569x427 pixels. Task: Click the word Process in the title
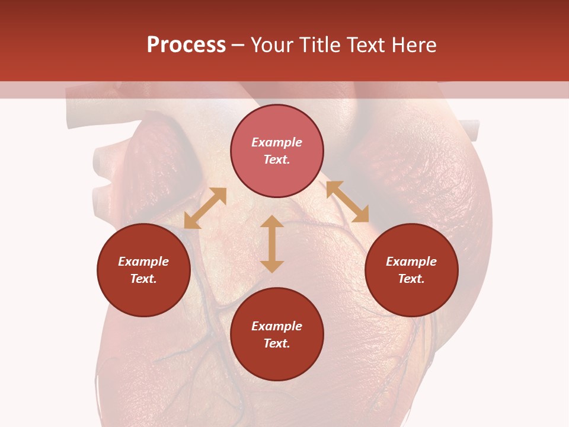click(186, 45)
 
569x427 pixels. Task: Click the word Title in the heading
click(321, 45)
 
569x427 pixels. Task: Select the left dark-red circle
click(143, 297)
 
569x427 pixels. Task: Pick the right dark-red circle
click(411, 297)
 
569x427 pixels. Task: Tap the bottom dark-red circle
click(277, 362)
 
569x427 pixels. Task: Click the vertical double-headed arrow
click(272, 244)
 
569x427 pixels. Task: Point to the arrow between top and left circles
click(205, 208)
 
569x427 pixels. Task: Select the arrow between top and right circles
click(347, 202)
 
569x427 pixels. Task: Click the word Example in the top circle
click(277, 142)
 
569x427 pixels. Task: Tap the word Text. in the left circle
click(143, 279)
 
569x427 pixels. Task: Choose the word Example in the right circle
click(411, 262)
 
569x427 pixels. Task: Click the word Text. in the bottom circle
click(277, 343)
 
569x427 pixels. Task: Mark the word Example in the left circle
click(143, 262)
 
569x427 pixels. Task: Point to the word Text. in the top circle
click(277, 160)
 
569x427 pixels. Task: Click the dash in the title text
click(238, 46)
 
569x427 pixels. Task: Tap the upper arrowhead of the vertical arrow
click(272, 222)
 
